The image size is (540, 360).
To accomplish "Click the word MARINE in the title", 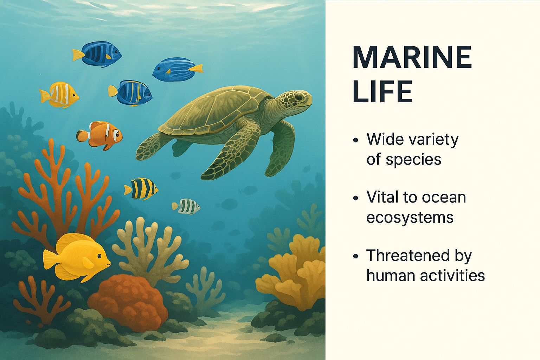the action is tap(412, 57).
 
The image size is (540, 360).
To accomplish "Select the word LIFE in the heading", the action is tap(382, 92).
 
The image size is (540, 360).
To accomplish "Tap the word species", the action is tap(413, 160).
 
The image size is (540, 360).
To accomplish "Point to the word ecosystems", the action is tap(410, 218).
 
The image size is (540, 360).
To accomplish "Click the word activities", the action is tap(452, 276).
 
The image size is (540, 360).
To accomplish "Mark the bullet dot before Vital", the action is tap(355, 198).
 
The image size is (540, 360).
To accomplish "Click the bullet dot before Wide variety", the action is tap(355, 140).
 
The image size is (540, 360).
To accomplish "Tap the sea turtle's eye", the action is tap(300, 97).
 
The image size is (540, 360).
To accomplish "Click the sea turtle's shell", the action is tap(214, 111).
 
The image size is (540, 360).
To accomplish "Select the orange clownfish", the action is tap(99, 135).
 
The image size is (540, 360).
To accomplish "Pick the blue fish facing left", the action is tap(178, 69).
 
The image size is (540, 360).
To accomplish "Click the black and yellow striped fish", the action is tap(141, 188).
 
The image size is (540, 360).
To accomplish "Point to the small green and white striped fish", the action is tap(186, 206).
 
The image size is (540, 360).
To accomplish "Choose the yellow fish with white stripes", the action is tap(59, 95).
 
